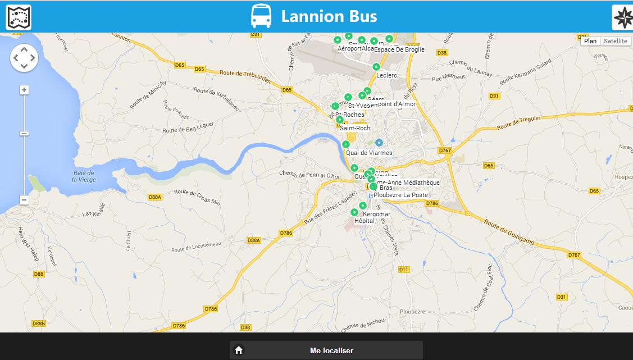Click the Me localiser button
coord(331,350)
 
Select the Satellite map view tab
coord(616,41)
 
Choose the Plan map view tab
coord(590,41)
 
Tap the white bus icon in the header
coord(261,16)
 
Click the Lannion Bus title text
coord(329,16)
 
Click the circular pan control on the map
coord(24,57)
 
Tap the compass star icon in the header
coord(623,17)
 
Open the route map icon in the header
coord(19,17)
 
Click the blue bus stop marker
coord(379,143)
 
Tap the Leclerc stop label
coord(386,75)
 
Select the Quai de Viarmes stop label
coord(369,153)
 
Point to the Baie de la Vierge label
coord(84,176)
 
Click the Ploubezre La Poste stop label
coord(400,195)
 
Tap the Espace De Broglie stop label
coord(399,49)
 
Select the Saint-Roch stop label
coord(355,128)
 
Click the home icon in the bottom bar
coord(239,350)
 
